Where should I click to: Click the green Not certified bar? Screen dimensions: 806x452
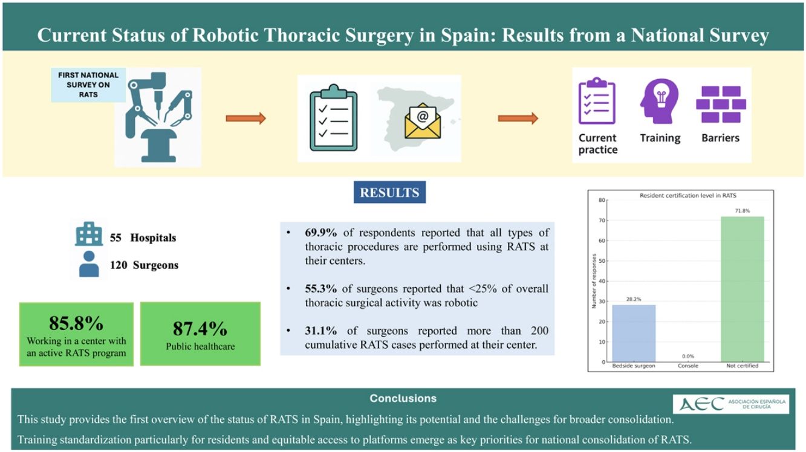point(742,289)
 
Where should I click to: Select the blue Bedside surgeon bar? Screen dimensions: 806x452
point(634,334)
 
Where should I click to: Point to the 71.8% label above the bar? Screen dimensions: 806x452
point(743,211)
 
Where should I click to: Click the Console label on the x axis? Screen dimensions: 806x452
point(688,366)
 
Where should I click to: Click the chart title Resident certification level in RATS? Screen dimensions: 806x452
point(687,196)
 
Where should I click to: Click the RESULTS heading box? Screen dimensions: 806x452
point(389,192)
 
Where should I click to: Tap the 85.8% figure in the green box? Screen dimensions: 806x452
point(76,323)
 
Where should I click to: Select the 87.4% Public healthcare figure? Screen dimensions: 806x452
point(200,329)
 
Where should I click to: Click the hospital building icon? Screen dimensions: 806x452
point(89,234)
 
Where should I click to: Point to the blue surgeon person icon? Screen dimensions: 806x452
point(89,264)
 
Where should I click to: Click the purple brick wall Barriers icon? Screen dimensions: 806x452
point(721,105)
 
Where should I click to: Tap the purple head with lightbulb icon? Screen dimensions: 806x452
point(660,102)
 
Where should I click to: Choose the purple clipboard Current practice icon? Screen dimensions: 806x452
point(597,101)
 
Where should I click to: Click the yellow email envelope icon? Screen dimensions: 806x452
point(423,121)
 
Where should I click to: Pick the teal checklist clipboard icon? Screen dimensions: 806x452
point(334,118)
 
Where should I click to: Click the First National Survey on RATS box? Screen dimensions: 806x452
point(88,85)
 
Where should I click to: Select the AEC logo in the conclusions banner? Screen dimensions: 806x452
point(731,404)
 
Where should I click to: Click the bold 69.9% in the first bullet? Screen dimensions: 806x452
point(320,233)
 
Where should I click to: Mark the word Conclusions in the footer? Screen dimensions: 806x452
point(403,398)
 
